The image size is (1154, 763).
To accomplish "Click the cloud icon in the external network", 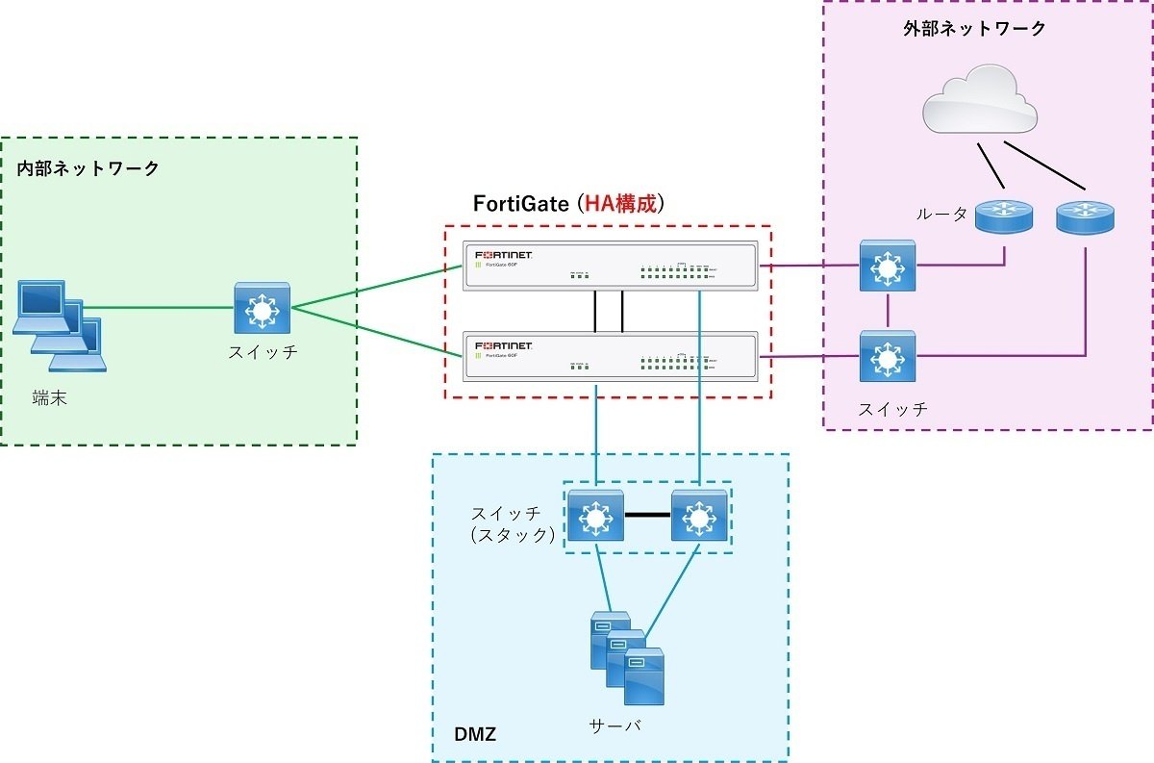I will [x=980, y=100].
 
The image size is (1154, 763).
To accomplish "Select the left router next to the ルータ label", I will [x=1003, y=216].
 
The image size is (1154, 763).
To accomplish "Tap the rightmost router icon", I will [x=1086, y=216].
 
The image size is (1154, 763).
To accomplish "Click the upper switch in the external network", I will [x=888, y=267].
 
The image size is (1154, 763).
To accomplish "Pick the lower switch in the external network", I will [x=888, y=357].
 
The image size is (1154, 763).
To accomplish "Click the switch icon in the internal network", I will [x=262, y=309].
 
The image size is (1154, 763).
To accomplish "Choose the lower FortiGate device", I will [x=610, y=357].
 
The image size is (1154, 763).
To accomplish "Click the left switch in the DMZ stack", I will [x=596, y=517].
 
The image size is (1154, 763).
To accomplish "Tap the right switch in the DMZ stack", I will [x=699, y=517].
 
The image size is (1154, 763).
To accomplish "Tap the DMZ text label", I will [x=474, y=735].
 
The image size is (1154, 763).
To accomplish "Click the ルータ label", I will [x=941, y=215].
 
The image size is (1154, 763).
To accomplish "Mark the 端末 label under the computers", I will [x=49, y=398].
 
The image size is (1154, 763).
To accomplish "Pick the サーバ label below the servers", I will [x=615, y=725].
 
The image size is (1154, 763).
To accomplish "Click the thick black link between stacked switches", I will [x=647, y=517].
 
